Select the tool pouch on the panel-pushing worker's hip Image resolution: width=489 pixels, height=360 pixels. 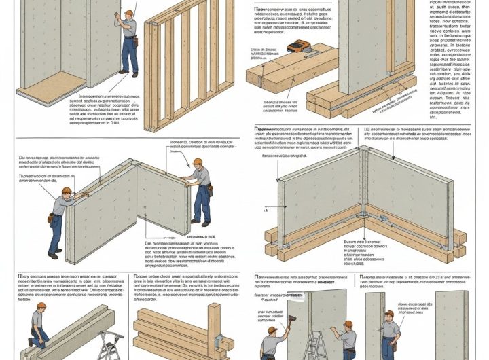click(51, 218)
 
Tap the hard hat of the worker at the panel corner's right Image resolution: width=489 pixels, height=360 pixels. click(198, 162)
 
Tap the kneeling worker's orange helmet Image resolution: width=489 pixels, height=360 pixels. click(42, 307)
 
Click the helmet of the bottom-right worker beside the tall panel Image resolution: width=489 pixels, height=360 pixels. click(390, 316)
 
